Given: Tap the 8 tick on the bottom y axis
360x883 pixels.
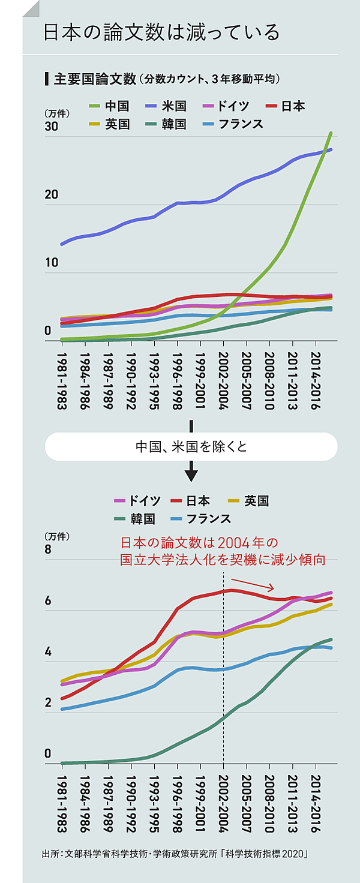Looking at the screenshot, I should (48, 550).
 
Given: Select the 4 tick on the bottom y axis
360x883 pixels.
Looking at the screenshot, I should (48, 652).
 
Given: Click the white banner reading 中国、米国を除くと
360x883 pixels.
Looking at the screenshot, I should (191, 447).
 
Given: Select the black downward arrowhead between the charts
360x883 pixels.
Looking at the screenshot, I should (191, 475).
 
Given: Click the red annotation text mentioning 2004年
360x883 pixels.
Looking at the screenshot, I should (223, 551).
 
